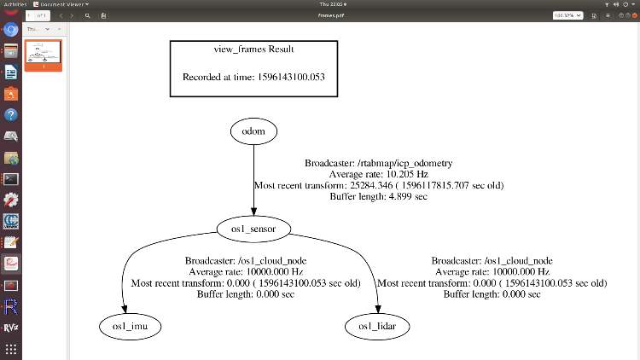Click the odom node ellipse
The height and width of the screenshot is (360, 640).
253,131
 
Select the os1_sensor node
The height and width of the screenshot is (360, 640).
254,229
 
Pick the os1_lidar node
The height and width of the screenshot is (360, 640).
376,326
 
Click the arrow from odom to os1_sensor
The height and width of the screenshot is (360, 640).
253,179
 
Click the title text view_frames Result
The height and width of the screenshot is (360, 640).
254,49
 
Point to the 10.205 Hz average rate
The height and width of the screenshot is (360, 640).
402,174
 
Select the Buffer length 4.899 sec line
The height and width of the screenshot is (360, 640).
378,196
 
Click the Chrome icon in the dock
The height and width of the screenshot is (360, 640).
11,30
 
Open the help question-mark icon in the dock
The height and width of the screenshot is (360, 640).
11,114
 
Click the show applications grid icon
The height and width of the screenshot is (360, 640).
11,349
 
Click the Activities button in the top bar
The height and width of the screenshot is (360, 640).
16,4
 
